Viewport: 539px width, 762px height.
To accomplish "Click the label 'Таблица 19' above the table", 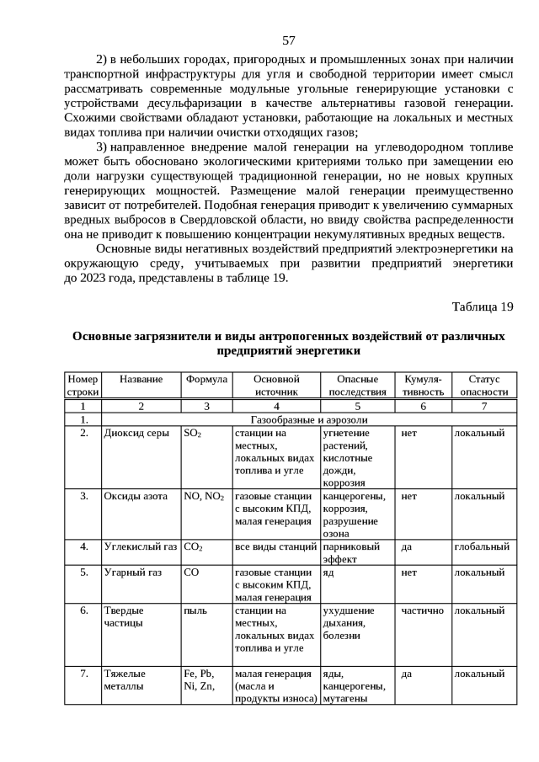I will [x=482, y=306].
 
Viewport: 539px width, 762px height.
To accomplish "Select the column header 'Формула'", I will [x=205, y=380].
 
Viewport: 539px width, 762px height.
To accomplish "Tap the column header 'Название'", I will [x=141, y=380].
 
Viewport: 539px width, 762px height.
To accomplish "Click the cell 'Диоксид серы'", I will [x=136, y=433].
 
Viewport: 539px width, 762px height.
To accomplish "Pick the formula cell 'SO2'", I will [x=192, y=433].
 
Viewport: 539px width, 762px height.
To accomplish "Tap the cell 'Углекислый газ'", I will [x=140, y=546].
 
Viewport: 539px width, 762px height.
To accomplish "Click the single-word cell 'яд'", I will [x=328, y=573].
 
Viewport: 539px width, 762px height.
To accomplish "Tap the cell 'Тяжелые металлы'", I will [x=125, y=679].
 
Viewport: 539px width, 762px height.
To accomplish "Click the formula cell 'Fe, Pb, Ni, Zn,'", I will [x=199, y=679].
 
